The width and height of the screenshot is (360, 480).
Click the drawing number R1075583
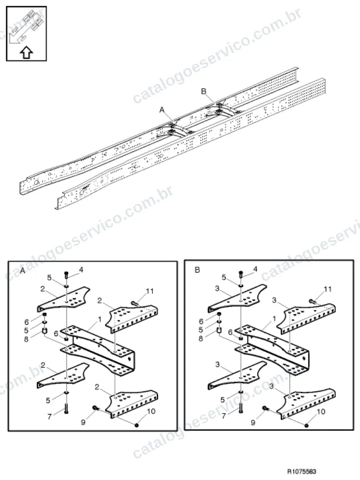[x=302, y=471]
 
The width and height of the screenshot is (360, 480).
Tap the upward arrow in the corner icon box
[x=26, y=52]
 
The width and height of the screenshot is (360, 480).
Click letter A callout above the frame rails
[x=162, y=110]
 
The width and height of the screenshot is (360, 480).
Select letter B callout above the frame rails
[x=204, y=91]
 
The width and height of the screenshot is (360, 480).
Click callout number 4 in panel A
[x=81, y=270]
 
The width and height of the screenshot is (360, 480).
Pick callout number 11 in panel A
[x=150, y=291]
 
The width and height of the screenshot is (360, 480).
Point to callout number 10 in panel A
[x=151, y=411]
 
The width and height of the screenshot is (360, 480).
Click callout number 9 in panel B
[x=253, y=423]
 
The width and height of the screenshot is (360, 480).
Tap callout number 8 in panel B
[x=201, y=339]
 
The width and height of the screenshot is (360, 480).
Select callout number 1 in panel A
[x=100, y=320]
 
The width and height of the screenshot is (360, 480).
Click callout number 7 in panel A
[x=49, y=416]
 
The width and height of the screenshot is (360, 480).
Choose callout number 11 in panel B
[x=328, y=289]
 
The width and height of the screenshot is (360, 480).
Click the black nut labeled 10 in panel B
[x=306, y=425]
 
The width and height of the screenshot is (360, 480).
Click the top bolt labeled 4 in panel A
[x=66, y=274]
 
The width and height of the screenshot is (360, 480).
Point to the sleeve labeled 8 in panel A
[x=44, y=331]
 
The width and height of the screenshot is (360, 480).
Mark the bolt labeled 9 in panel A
[x=95, y=408]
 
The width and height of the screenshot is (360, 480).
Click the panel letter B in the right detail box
[x=197, y=270]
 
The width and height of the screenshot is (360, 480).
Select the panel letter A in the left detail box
[x=22, y=271]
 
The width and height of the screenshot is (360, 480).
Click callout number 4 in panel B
[x=256, y=269]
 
